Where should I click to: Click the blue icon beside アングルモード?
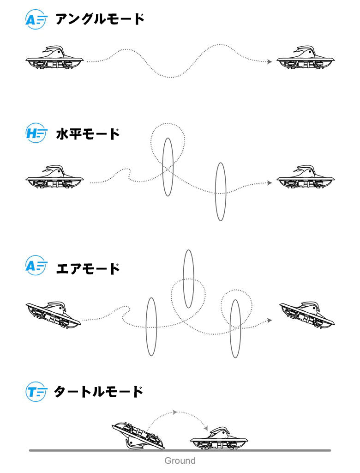tap(36, 19)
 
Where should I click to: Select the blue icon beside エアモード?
tap(36, 266)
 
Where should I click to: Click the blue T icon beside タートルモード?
tap(36, 392)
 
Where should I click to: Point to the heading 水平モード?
tap(88, 133)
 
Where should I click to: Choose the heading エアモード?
tap(88, 268)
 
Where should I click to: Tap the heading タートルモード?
tap(98, 392)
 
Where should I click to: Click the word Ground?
tap(180, 461)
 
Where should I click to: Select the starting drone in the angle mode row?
tap(54, 58)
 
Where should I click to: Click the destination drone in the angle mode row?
tap(306, 58)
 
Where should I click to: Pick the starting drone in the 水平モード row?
tap(54, 177)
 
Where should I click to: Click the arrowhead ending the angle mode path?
tap(270, 62)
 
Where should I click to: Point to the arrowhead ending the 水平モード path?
tap(270, 183)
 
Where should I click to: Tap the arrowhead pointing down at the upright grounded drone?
tap(206, 428)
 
